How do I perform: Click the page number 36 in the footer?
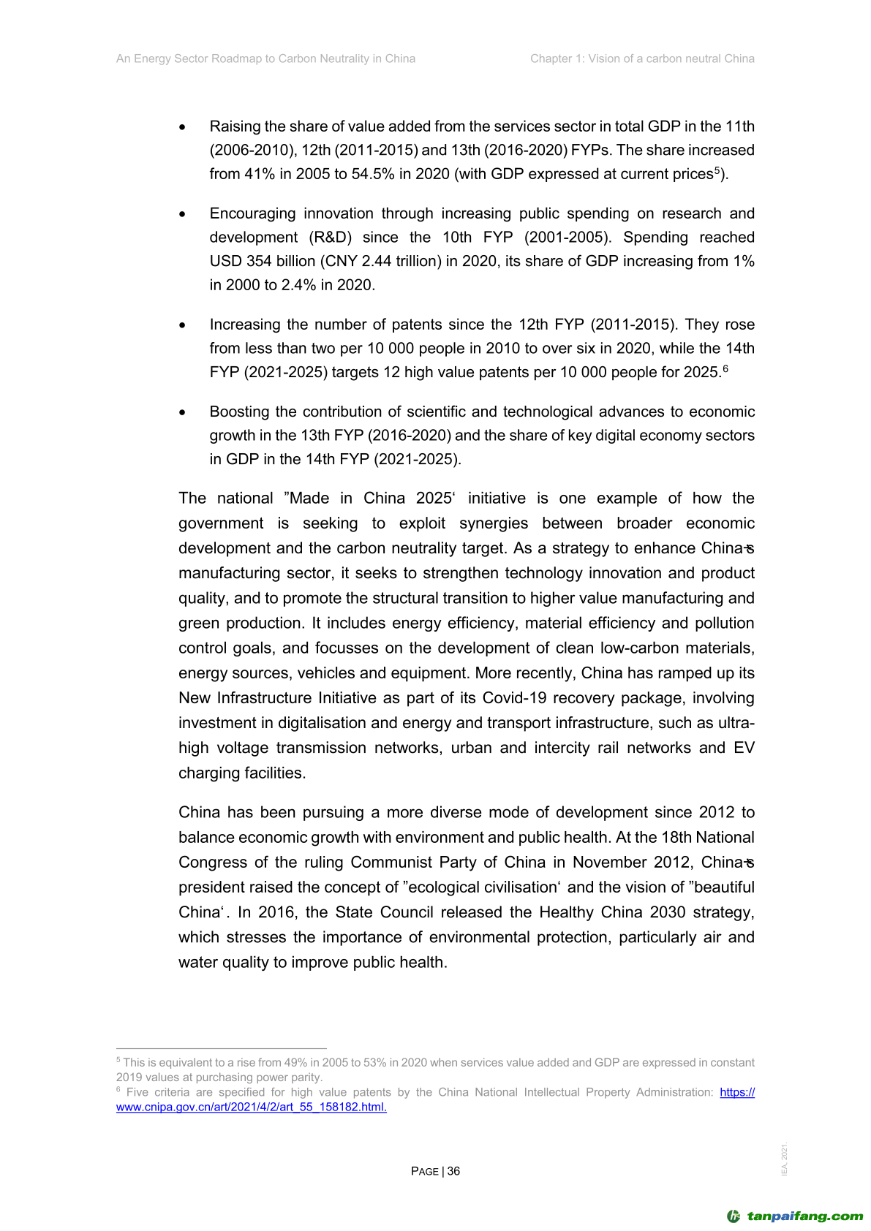(454, 1171)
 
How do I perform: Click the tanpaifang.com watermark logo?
(796, 1216)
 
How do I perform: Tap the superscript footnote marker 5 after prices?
(717, 170)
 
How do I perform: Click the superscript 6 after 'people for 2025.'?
(725, 368)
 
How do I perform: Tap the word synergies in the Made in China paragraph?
(494, 523)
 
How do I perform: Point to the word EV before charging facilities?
(744, 748)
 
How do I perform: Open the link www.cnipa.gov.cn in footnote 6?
(251, 1107)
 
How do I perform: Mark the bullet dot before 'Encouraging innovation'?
(183, 214)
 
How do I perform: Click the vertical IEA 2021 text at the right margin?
(785, 1159)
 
